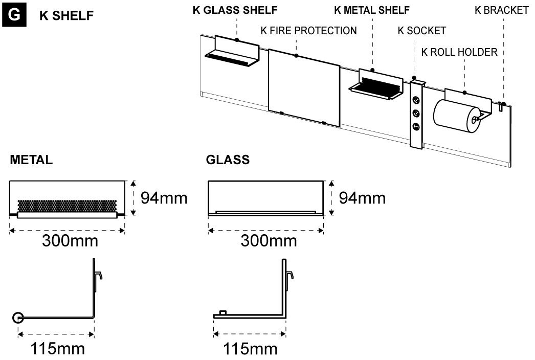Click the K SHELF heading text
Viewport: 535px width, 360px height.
pos(66,16)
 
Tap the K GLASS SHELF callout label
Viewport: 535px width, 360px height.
pos(228,11)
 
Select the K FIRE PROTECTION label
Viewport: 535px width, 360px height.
pos(308,31)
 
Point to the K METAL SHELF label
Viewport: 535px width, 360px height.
pos(372,11)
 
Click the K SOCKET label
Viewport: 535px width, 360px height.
pos(422,31)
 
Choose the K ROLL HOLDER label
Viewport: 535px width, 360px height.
pos(459,52)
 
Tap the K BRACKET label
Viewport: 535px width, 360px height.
pos(502,11)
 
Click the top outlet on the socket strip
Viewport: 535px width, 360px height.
pos(416,101)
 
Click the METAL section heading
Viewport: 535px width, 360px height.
pos(31,160)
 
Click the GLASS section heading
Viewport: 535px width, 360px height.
pos(228,160)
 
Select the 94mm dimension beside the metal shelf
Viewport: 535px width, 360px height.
pos(164,197)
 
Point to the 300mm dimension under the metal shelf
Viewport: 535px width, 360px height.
pos(70,240)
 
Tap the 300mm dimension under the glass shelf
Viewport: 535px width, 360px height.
pos(269,240)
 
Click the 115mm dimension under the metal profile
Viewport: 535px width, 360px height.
pos(57,350)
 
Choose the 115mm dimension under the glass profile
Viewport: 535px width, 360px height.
pos(251,350)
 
